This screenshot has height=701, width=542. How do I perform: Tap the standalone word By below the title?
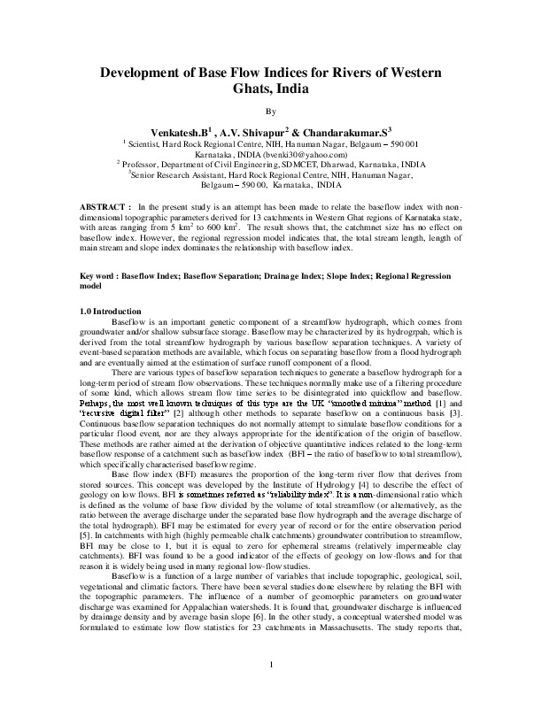coord(271,111)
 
